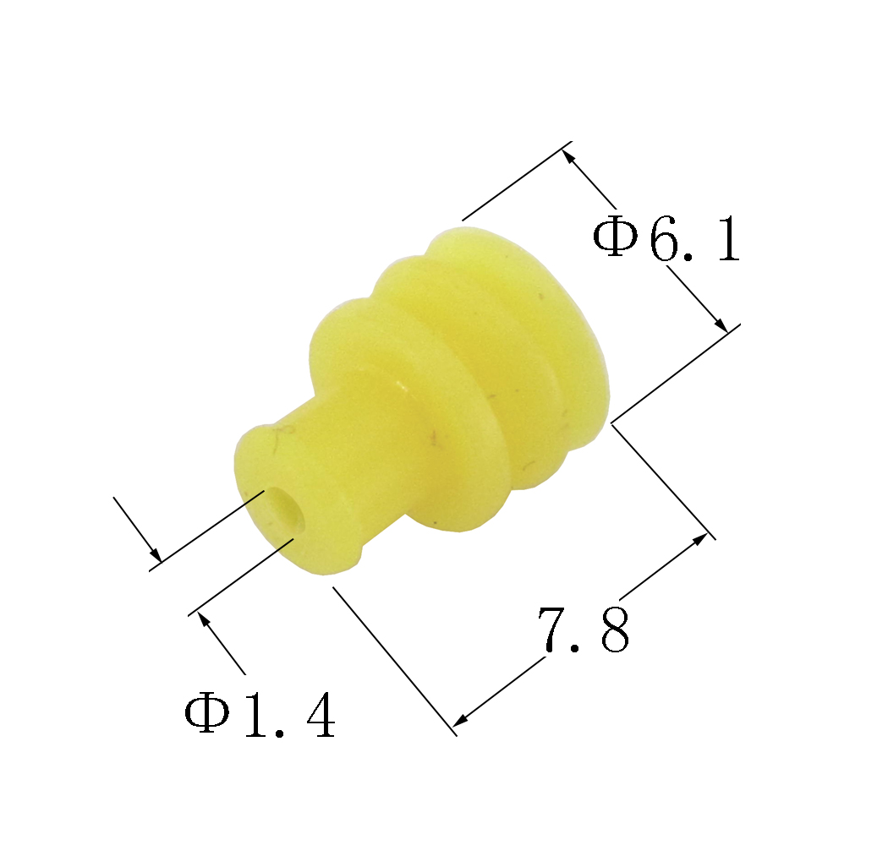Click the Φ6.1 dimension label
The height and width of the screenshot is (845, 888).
click(x=666, y=238)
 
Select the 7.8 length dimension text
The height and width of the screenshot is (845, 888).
click(x=583, y=630)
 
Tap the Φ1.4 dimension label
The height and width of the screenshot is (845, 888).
click(x=260, y=716)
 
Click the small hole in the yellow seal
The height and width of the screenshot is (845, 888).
click(x=284, y=510)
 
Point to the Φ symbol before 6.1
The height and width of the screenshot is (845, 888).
click(x=615, y=236)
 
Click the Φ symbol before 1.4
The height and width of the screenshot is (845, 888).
click(x=206, y=714)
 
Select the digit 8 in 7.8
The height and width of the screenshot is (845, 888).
click(x=615, y=630)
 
